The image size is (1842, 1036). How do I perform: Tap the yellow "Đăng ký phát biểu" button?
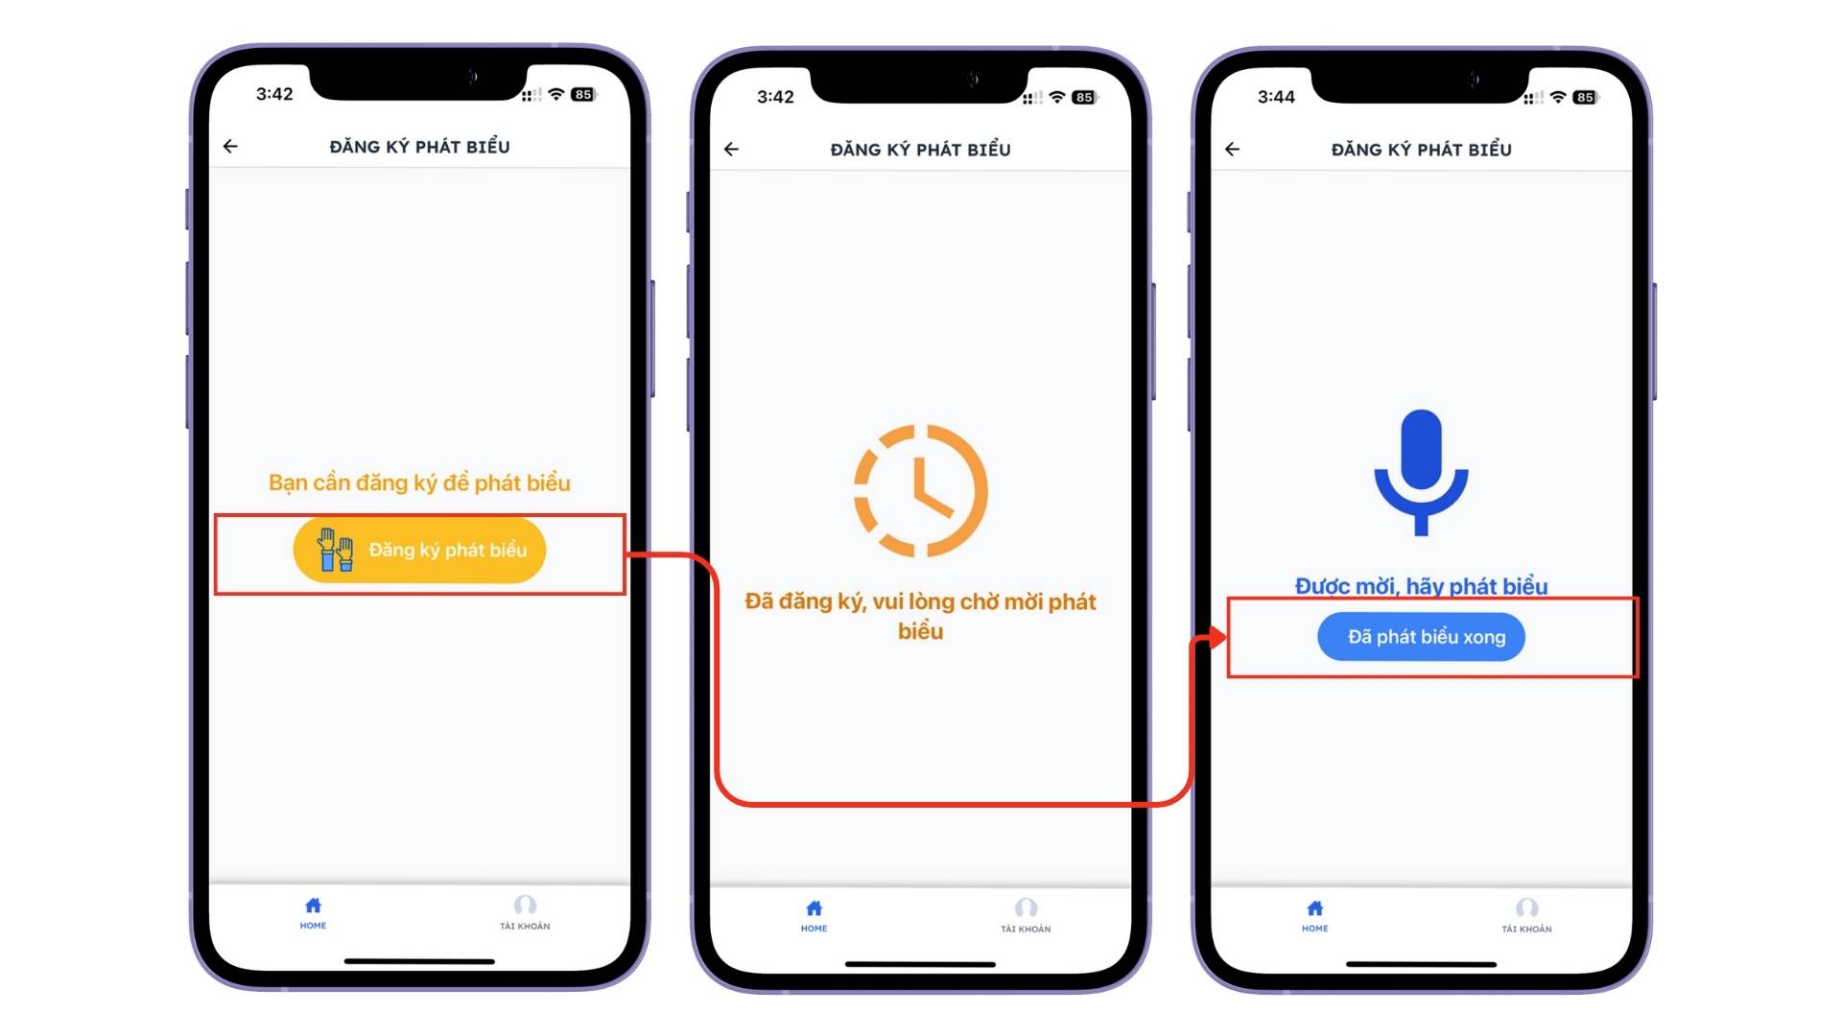tap(419, 551)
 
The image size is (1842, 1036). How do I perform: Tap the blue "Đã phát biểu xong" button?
tap(1421, 637)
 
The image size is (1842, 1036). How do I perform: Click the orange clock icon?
tap(920, 490)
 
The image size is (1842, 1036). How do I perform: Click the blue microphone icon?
tap(1421, 472)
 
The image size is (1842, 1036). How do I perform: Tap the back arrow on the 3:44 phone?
tap(1233, 150)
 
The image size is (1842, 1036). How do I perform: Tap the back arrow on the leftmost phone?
tap(230, 147)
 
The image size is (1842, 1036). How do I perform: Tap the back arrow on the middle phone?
tap(731, 150)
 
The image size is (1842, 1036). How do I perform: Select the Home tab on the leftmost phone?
tap(313, 913)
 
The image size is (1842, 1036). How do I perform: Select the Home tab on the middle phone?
tap(814, 916)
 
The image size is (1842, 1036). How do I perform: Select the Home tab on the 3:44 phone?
tap(1314, 916)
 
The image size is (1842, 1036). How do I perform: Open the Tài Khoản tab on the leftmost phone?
tap(525, 913)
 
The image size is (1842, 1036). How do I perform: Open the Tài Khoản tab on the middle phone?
tap(1026, 916)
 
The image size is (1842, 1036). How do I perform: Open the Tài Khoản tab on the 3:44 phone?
tap(1526, 916)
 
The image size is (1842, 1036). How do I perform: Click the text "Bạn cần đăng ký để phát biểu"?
tap(419, 483)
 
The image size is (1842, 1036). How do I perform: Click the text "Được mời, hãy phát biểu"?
tap(1421, 586)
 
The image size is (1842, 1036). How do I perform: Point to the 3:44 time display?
tap(1276, 97)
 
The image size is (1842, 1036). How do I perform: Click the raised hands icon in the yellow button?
tap(336, 551)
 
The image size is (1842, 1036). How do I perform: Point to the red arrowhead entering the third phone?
tap(1217, 637)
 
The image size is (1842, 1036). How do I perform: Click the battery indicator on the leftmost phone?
tap(583, 94)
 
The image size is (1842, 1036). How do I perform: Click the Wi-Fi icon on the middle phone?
tap(1057, 97)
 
